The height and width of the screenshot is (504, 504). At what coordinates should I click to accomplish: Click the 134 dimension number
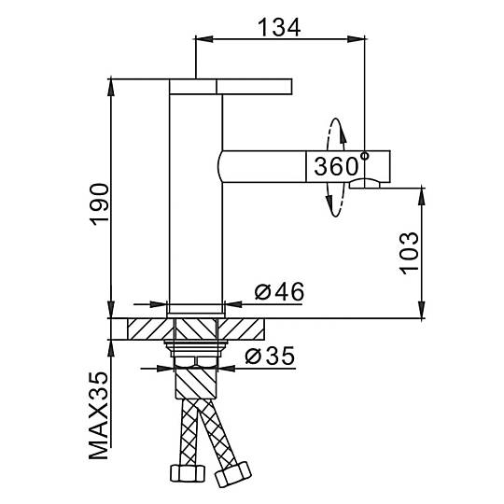pyautogui.click(x=279, y=27)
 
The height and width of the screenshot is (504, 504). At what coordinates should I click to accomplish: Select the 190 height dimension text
pyautogui.click(x=99, y=204)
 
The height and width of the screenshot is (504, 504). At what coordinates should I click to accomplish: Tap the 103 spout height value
pyautogui.click(x=410, y=253)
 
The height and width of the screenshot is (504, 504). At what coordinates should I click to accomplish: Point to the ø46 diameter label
pyautogui.click(x=279, y=291)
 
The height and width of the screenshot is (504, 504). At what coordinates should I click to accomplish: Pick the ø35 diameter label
pyautogui.click(x=270, y=356)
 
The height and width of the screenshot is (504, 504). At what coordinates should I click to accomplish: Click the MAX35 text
pyautogui.click(x=99, y=415)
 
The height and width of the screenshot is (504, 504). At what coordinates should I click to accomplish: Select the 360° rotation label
pyautogui.click(x=341, y=165)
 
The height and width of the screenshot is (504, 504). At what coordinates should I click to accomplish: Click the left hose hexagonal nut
pyautogui.click(x=188, y=473)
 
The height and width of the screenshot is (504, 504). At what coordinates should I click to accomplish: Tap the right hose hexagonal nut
pyautogui.click(x=233, y=474)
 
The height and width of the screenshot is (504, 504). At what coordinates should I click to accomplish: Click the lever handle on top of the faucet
pyautogui.click(x=231, y=87)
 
